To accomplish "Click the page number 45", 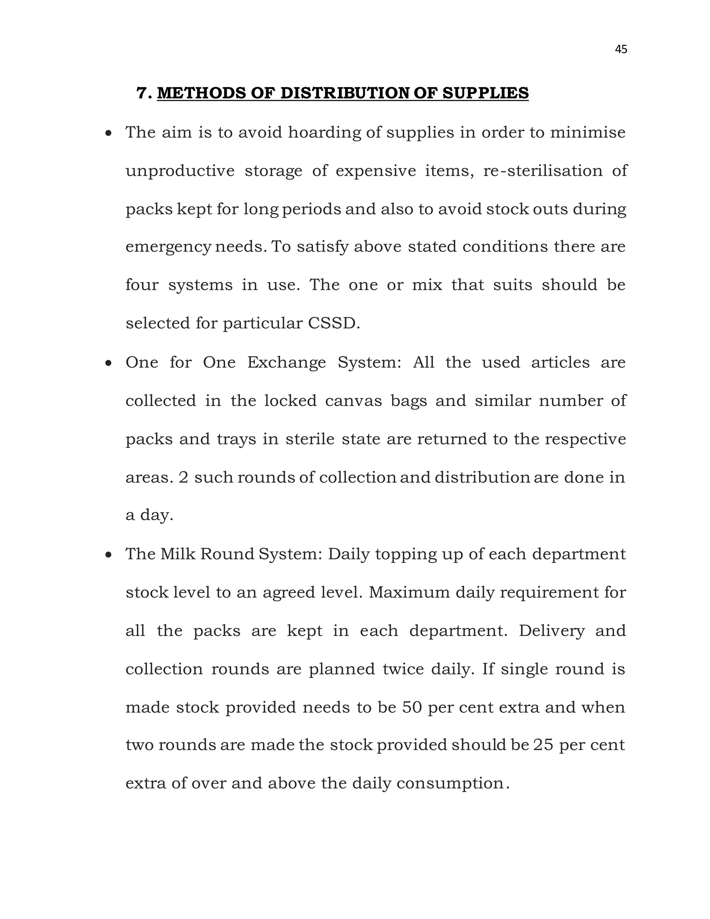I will [x=621, y=49].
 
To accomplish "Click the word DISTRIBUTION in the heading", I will [x=344, y=93].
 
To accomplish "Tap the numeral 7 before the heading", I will [x=142, y=93].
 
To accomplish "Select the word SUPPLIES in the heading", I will [x=485, y=93].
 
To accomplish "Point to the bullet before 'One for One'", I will [x=109, y=363].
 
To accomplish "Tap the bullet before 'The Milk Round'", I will [x=109, y=555].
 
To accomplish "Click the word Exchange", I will [x=286, y=362].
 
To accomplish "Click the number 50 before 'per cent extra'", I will [x=412, y=707].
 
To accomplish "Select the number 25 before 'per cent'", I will [x=543, y=745].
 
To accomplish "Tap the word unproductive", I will [x=180, y=171].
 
